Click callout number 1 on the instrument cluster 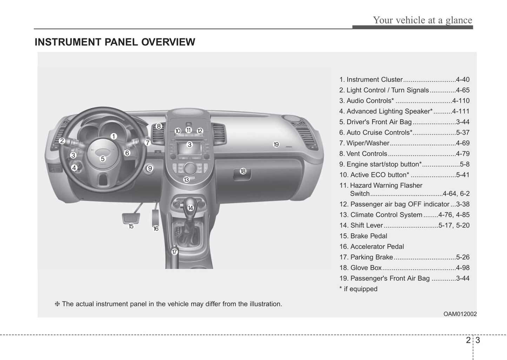pyautogui.click(x=114, y=136)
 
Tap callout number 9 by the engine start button pyautogui.click(x=149, y=168)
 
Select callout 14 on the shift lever pyautogui.click(x=191, y=208)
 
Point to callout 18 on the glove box pyautogui.click(x=243, y=171)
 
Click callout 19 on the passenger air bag pyautogui.click(x=276, y=144)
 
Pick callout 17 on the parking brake pyautogui.click(x=174, y=252)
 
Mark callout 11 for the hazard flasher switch pyautogui.click(x=188, y=130)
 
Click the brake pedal pyautogui.click(x=131, y=218)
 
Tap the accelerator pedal pyautogui.click(x=155, y=217)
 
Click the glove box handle pyautogui.click(x=242, y=174)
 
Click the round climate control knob pyautogui.click(x=190, y=168)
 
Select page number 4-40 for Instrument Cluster pyautogui.click(x=463, y=79)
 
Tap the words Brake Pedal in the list pyautogui.click(x=369, y=236)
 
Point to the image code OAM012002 pyautogui.click(x=460, y=314)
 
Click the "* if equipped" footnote pyautogui.click(x=358, y=289)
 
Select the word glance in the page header pyautogui.click(x=459, y=20)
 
